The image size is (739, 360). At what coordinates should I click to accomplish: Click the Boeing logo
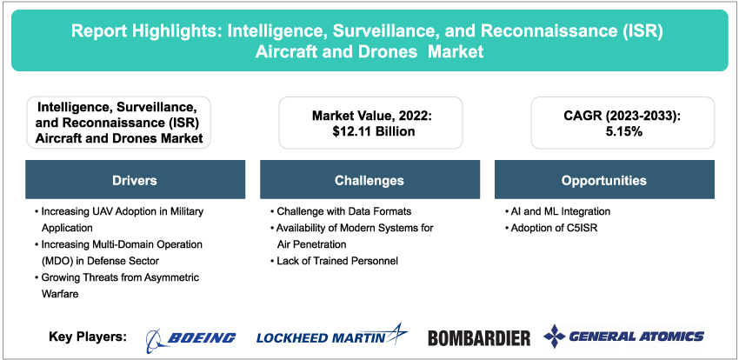190,337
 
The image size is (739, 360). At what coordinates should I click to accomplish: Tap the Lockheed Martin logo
331,336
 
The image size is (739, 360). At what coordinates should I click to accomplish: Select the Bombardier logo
479,337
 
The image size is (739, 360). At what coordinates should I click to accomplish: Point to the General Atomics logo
623,336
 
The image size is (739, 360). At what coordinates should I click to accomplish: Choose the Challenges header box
369,181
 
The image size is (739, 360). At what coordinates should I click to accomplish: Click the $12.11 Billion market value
369,131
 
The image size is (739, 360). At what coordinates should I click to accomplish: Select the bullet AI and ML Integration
557,211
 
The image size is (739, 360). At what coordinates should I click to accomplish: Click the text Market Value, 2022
369,115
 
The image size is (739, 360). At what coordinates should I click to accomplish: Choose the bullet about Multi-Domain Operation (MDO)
125,252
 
